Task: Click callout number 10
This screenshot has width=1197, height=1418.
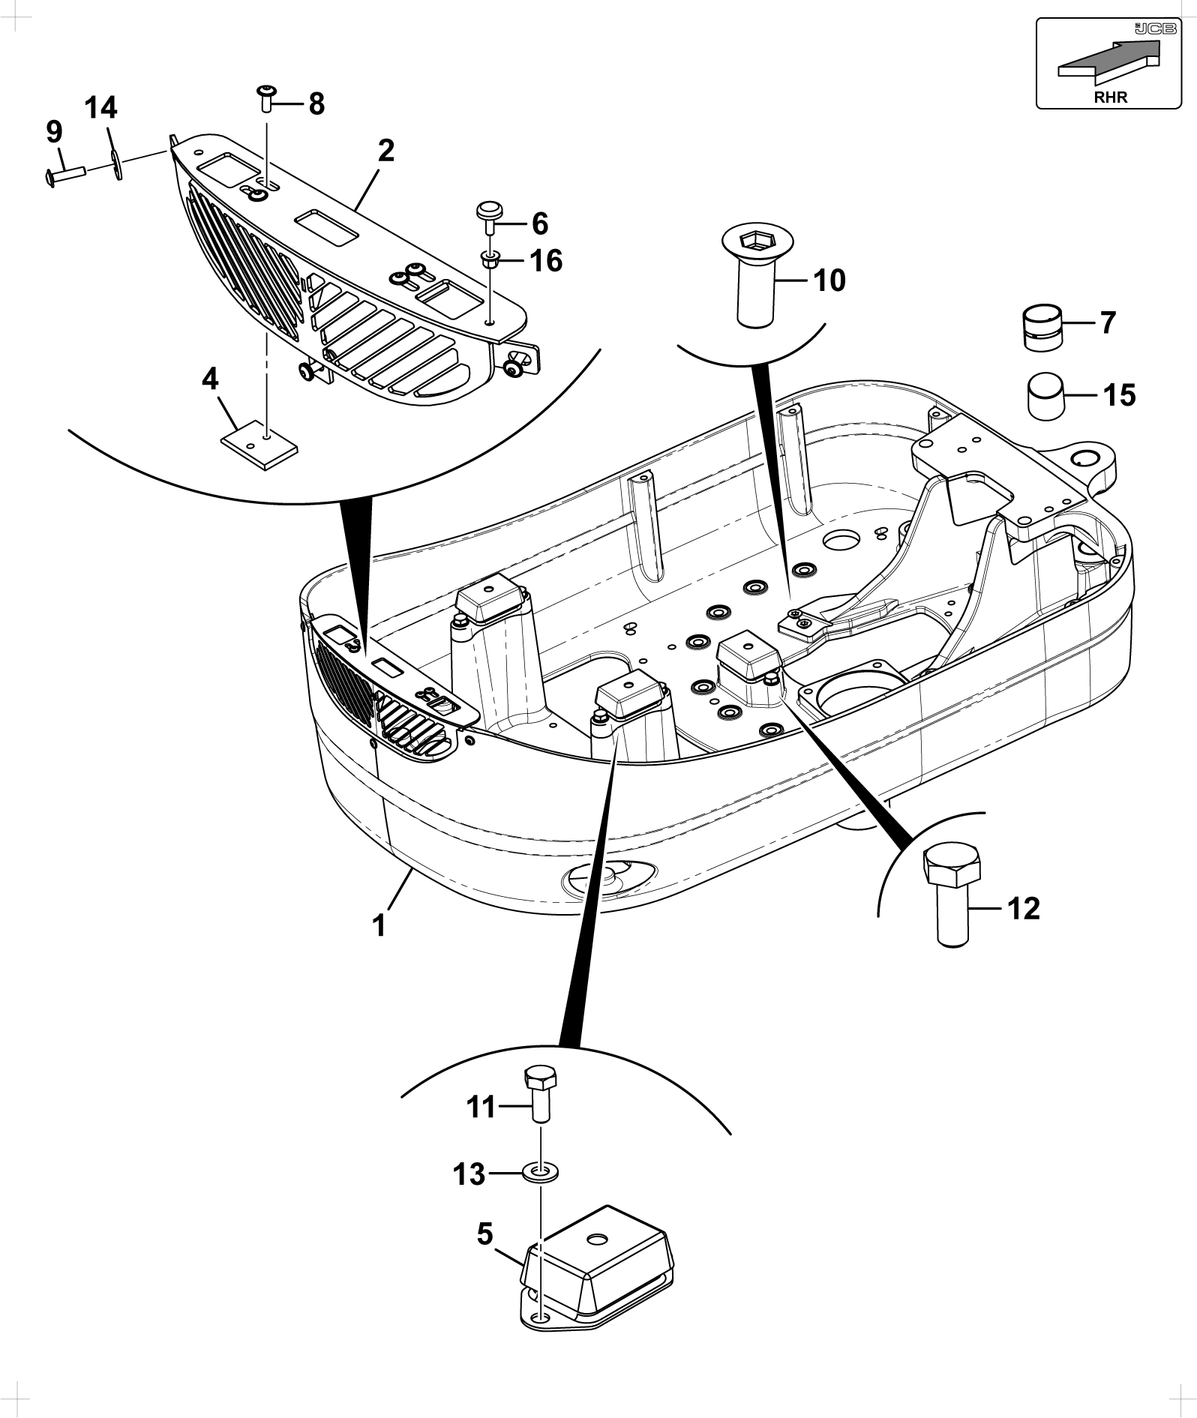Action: [829, 280]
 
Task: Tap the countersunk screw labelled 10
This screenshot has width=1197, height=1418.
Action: [755, 277]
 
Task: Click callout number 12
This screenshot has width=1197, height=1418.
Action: [1024, 908]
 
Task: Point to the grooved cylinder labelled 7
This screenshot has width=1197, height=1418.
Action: [1045, 326]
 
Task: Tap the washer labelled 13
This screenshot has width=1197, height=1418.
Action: [539, 1172]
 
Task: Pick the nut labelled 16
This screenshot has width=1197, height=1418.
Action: [490, 262]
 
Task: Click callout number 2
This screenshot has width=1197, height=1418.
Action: [385, 151]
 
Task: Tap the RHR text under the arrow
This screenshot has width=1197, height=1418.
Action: [1111, 97]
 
